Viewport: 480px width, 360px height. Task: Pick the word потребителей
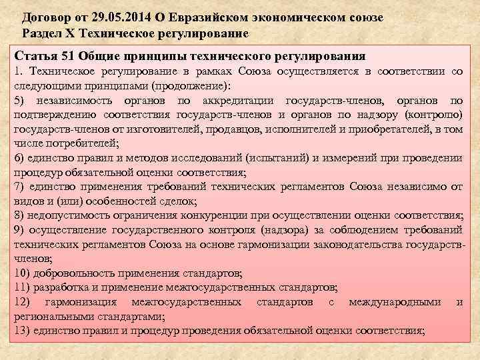click(x=84, y=143)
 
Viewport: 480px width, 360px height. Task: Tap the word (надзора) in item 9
click(x=267, y=230)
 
